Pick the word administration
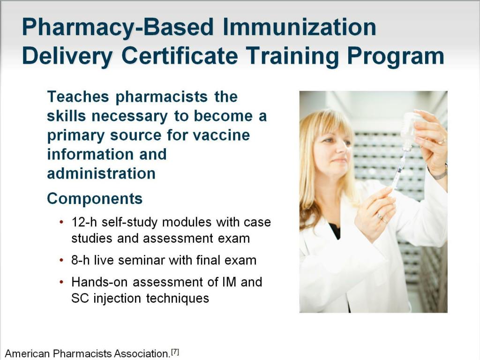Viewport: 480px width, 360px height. (101, 174)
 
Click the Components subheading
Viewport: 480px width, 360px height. (95, 199)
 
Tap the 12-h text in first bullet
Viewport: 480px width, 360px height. (82, 222)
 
